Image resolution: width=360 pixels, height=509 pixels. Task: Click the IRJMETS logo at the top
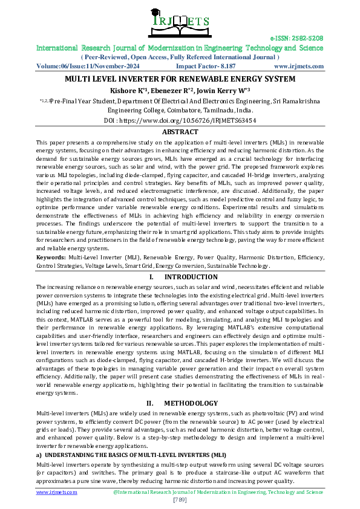pyautogui.click(x=180, y=22)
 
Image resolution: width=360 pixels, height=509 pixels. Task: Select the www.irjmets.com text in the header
pyautogui.click(x=298, y=66)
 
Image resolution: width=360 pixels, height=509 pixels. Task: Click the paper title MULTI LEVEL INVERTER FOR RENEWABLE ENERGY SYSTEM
pyautogui.click(x=180, y=79)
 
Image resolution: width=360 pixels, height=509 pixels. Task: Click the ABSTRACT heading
pyautogui.click(x=180, y=132)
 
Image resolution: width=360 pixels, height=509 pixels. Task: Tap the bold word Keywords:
pyautogui.click(x=51, y=257)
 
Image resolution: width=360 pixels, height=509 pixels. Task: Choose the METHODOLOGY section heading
pyautogui.click(x=191, y=403)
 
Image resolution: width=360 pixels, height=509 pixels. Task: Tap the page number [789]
pyautogui.click(x=180, y=499)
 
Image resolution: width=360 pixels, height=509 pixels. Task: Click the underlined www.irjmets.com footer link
pyautogui.click(x=57, y=492)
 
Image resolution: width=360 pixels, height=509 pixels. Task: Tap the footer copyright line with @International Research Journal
pyautogui.click(x=218, y=492)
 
